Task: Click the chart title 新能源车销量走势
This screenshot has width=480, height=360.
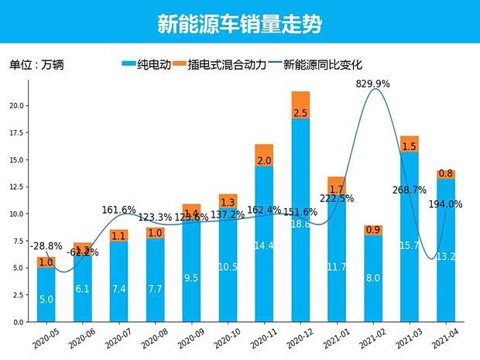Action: point(239,24)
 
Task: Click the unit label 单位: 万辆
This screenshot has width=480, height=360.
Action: point(36,65)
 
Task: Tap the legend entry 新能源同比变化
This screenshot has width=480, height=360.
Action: point(321,65)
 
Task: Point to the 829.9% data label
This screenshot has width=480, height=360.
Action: point(373,83)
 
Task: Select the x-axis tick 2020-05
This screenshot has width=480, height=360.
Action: point(46,338)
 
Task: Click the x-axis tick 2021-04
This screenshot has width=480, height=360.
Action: point(445,338)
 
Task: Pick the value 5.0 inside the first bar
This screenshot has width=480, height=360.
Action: point(46,298)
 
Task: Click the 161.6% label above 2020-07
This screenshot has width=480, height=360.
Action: point(118,210)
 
